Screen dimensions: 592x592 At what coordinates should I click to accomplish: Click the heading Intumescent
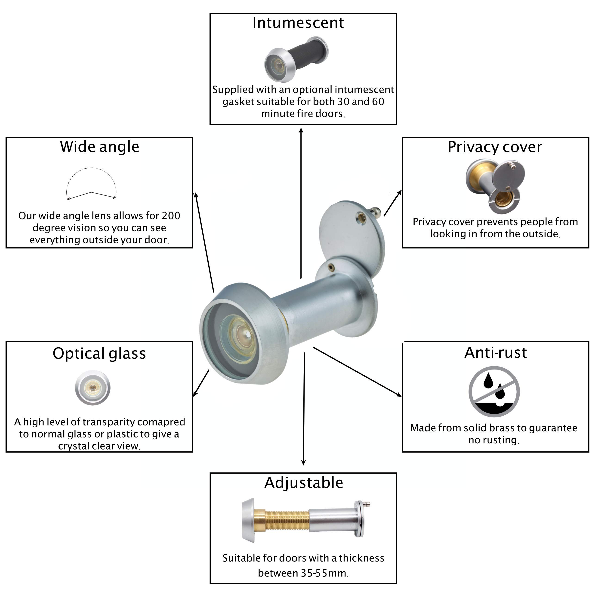298,23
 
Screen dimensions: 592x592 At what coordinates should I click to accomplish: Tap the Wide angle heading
100,147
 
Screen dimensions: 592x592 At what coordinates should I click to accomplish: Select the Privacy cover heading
495,147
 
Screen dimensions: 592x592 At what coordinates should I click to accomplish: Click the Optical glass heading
99,354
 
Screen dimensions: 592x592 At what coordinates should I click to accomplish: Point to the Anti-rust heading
496,352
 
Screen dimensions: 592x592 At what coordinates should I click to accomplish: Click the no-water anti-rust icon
494,392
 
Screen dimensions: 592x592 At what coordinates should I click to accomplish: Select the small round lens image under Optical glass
92,388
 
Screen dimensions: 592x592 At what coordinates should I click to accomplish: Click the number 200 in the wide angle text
171,216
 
